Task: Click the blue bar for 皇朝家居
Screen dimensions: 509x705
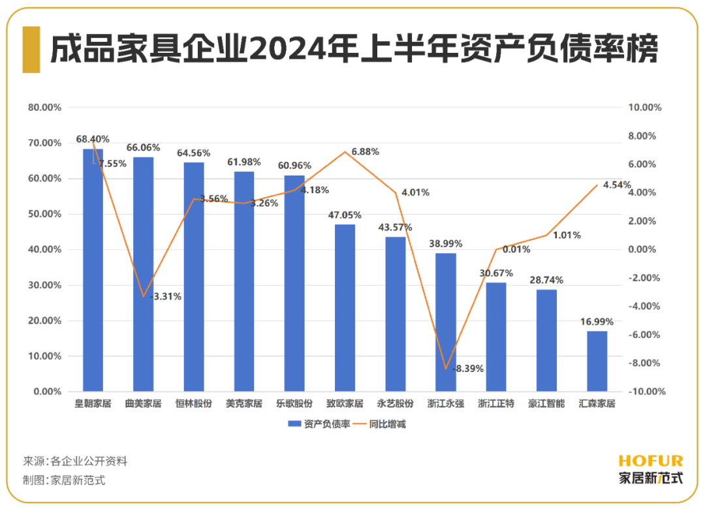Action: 93,270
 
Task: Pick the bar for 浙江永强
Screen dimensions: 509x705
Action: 446,322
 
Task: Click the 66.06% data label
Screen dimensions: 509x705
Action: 145,148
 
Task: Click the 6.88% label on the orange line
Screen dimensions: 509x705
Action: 365,152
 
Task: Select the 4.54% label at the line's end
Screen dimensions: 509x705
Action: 618,185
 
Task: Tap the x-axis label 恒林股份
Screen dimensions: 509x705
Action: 194,404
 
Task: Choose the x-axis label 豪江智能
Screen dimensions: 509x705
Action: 546,404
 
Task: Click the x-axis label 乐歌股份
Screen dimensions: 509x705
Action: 294,404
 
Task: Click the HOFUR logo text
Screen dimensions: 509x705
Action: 650,461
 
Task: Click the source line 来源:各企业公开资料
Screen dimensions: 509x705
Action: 75,461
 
